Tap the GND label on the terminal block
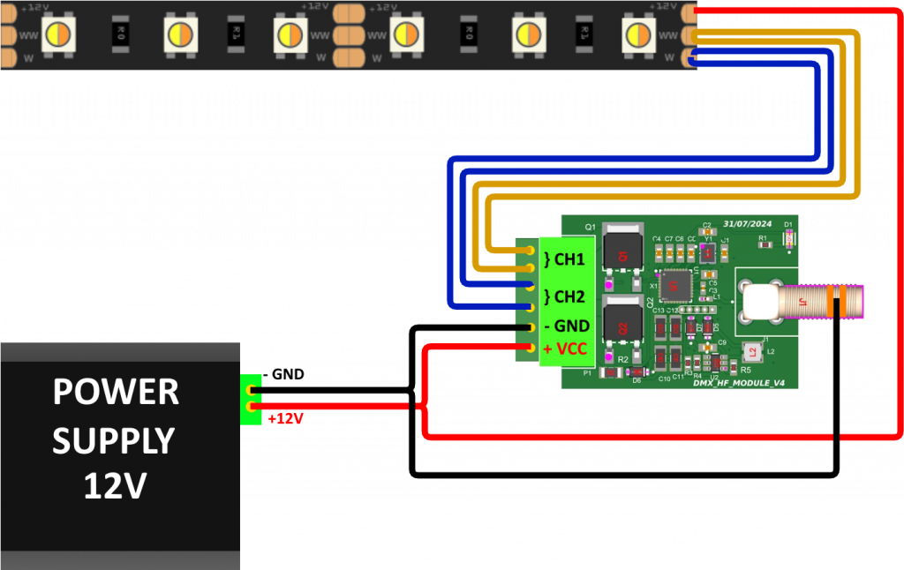pyautogui.click(x=567, y=326)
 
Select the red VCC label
pyautogui.click(x=565, y=349)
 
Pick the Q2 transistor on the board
pyautogui.click(x=623, y=322)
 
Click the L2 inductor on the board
pyautogui.click(x=751, y=353)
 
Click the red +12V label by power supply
pyautogui.click(x=285, y=418)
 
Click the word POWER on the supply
pyautogui.click(x=116, y=392)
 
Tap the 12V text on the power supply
pyautogui.click(x=116, y=485)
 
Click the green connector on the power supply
pyautogui.click(x=251, y=398)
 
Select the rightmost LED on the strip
pyautogui.click(x=638, y=34)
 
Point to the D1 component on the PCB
pyautogui.click(x=788, y=237)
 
